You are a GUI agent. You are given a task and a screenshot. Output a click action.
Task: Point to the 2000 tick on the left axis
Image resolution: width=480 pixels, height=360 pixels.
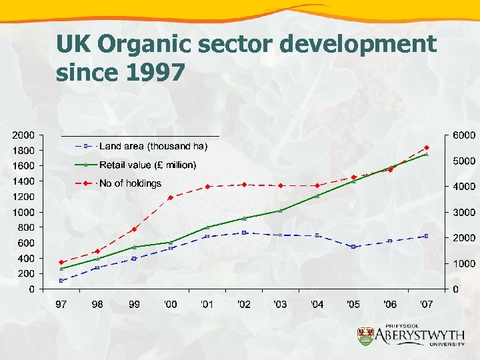[25, 135]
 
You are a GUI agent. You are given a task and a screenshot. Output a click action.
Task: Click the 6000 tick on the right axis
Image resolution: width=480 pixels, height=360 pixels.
[464, 135]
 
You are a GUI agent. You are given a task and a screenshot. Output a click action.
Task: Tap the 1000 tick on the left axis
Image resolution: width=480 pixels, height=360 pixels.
[25, 212]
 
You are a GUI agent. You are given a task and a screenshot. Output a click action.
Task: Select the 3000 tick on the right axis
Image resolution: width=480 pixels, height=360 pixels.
[464, 213]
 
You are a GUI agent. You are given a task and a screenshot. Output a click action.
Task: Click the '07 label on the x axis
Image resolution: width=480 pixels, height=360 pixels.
[427, 305]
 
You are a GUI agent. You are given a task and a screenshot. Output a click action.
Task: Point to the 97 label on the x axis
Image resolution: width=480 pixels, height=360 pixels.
[61, 305]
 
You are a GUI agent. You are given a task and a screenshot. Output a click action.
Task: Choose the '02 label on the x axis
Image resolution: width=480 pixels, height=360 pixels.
[244, 305]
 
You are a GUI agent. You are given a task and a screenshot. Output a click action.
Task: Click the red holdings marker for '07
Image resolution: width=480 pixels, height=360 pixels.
[427, 148]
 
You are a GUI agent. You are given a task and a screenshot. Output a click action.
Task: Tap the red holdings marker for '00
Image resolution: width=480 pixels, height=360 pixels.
[171, 197]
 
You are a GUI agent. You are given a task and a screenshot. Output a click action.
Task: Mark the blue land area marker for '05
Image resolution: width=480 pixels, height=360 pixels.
[353, 247]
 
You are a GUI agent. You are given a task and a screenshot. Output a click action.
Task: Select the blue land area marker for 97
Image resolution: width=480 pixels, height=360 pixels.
[61, 281]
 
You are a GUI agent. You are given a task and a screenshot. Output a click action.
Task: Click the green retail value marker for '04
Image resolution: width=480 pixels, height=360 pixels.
[317, 196]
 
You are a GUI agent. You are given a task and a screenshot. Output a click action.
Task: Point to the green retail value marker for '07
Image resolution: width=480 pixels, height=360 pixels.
[427, 154]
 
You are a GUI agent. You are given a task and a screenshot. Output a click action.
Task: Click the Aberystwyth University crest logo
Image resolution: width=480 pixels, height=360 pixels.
[366, 336]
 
